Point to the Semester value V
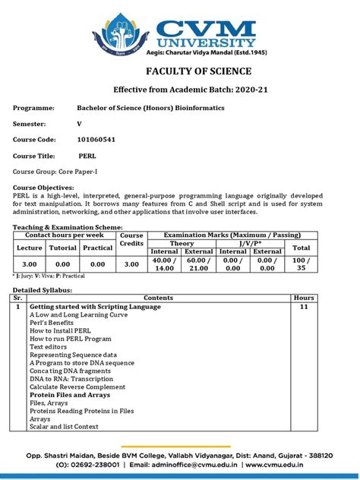pyautogui.click(x=79, y=122)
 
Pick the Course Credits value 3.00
pyautogui.click(x=131, y=264)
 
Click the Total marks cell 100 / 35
pyautogui.click(x=302, y=264)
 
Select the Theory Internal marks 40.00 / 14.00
pyautogui.click(x=165, y=264)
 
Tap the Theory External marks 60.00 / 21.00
pyautogui.click(x=199, y=264)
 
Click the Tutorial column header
pyautogui.click(x=63, y=248)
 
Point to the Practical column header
pyautogui.click(x=97, y=248)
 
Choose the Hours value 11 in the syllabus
pyautogui.click(x=304, y=307)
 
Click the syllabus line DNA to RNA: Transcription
pyautogui.click(x=71, y=379)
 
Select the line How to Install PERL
pyautogui.click(x=59, y=331)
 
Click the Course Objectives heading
pyautogui.click(x=43, y=187)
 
